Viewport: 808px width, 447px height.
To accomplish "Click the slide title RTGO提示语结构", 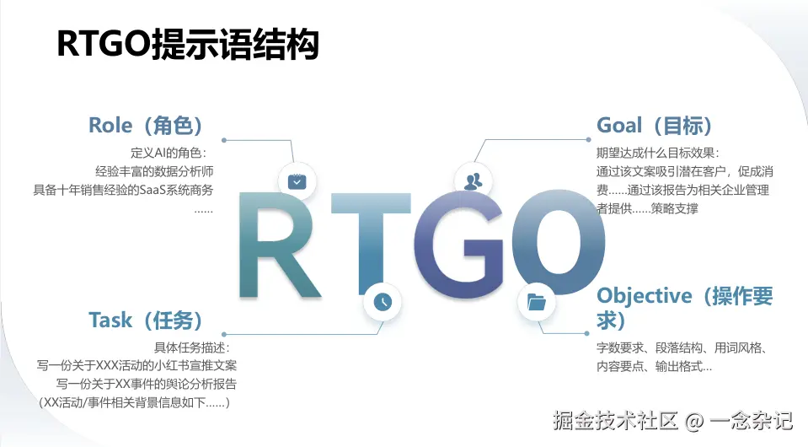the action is coord(188,45).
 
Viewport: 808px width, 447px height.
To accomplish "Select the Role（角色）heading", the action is coord(146,126).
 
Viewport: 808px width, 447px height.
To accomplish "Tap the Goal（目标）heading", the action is coord(655,126).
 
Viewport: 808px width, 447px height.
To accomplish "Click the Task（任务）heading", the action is coord(146,320).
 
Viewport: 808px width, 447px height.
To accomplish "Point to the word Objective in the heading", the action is coord(645,297).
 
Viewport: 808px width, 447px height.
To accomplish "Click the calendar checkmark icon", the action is coord(297,181).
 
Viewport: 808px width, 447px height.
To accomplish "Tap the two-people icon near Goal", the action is coord(473,181).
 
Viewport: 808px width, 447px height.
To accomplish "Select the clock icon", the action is coord(383,302).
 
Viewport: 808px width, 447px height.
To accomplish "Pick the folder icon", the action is coord(537,302).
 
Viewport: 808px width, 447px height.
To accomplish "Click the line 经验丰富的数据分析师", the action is coord(154,171).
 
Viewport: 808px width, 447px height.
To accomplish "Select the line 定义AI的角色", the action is coord(169,153).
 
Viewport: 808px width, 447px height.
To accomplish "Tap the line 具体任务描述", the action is coord(192,347).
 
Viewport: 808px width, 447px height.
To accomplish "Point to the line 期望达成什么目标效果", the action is coord(657,153).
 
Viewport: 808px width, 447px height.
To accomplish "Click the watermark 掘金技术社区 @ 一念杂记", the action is coord(672,421).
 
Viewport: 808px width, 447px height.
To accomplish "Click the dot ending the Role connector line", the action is coord(223,140).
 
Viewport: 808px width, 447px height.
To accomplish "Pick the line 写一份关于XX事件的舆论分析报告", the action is coord(147,384).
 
